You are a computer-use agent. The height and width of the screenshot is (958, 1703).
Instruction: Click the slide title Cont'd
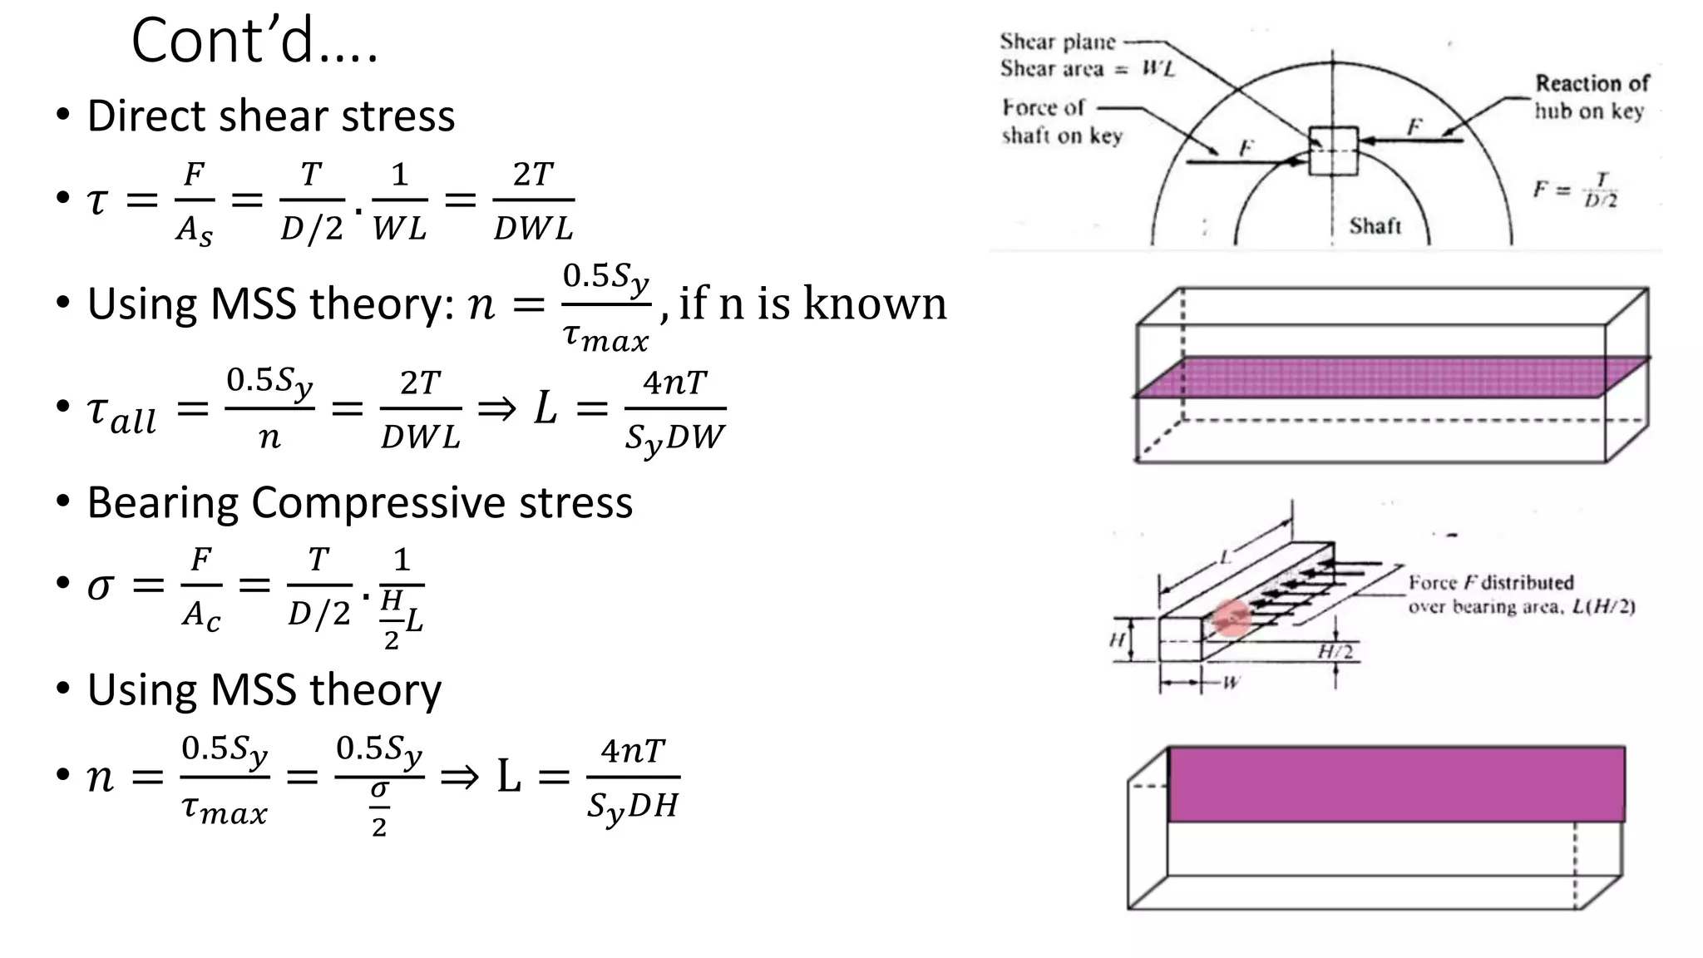pos(254,42)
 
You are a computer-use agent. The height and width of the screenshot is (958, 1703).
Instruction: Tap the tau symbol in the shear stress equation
pos(97,200)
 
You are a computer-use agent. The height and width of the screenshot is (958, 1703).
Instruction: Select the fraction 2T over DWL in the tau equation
pos(533,200)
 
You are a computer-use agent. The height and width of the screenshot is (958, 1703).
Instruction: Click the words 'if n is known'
pos(812,303)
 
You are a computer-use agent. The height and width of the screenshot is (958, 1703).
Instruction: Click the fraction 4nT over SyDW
pos(674,410)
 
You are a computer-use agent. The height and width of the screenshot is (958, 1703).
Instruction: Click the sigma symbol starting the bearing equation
pos(100,586)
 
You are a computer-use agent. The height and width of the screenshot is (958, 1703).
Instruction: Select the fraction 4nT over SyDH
pos(633,778)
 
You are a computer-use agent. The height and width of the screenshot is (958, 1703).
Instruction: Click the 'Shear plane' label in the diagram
pos(1057,42)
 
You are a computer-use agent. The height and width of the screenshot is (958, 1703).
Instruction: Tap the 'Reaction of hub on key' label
pos(1590,96)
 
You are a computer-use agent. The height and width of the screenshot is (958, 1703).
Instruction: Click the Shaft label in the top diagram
pos(1375,225)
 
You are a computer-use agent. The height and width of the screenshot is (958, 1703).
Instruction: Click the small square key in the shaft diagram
pos(1333,151)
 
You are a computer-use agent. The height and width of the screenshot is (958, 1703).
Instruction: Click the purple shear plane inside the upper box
pos(1389,377)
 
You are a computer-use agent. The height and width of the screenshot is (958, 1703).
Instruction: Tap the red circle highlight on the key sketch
pos(1232,619)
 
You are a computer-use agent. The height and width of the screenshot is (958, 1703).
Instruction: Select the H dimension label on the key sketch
pos(1117,639)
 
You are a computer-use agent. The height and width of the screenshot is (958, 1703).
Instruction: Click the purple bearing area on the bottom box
pos(1395,784)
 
